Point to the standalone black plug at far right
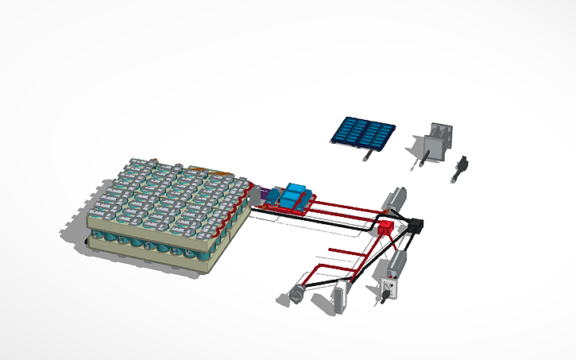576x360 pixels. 460,168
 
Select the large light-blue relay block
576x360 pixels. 298,193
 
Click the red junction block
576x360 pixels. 385,230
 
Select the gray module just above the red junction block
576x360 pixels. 395,198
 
